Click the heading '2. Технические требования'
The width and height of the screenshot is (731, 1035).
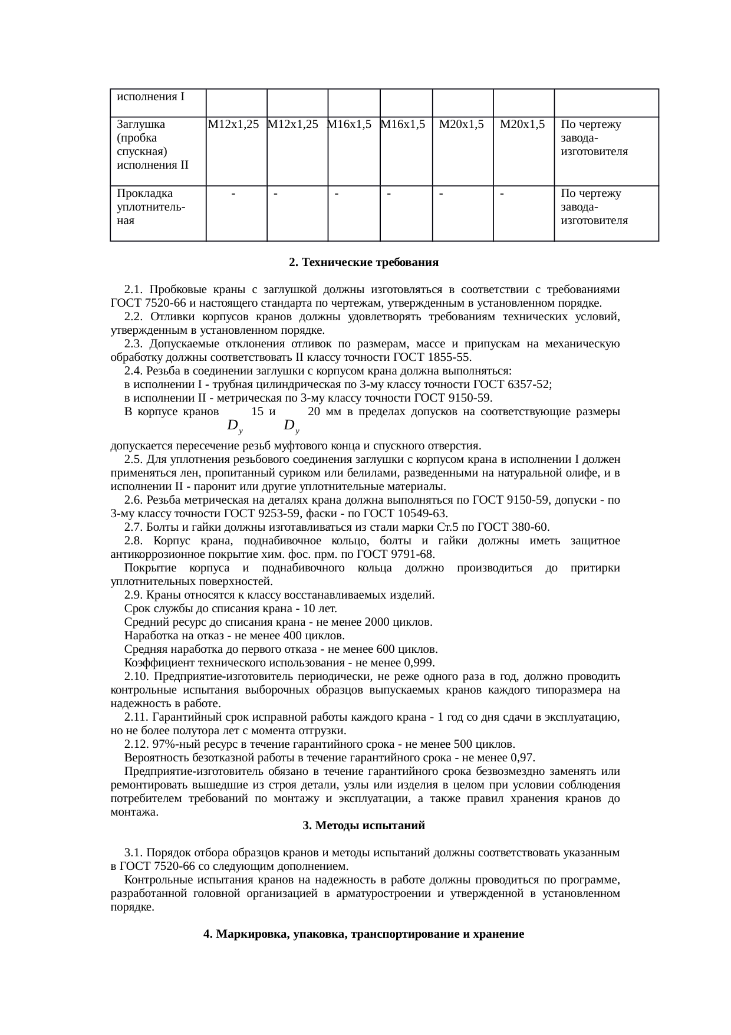[364, 262]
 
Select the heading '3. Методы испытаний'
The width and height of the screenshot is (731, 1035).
[364, 825]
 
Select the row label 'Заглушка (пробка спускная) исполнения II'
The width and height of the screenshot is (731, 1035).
[153, 144]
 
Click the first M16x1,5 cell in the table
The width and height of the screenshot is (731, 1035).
[349, 124]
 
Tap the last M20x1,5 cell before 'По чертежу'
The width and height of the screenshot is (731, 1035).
[522, 124]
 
